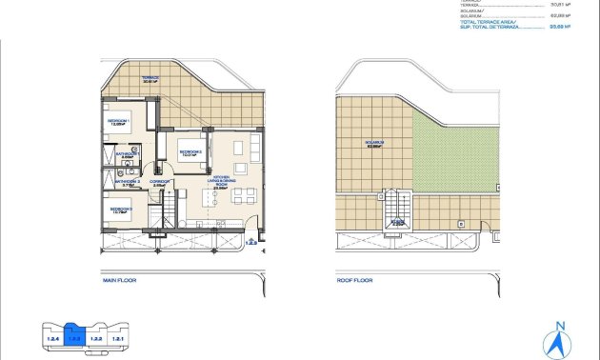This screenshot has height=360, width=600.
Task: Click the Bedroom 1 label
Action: (x=119, y=122)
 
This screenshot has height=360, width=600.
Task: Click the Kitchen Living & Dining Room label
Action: (x=223, y=183)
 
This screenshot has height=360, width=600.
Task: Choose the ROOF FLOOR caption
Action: (x=355, y=281)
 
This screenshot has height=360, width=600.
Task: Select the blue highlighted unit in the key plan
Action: (x=75, y=337)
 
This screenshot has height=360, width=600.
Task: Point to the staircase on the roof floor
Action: (x=397, y=210)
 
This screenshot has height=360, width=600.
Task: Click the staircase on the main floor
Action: (x=168, y=208)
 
